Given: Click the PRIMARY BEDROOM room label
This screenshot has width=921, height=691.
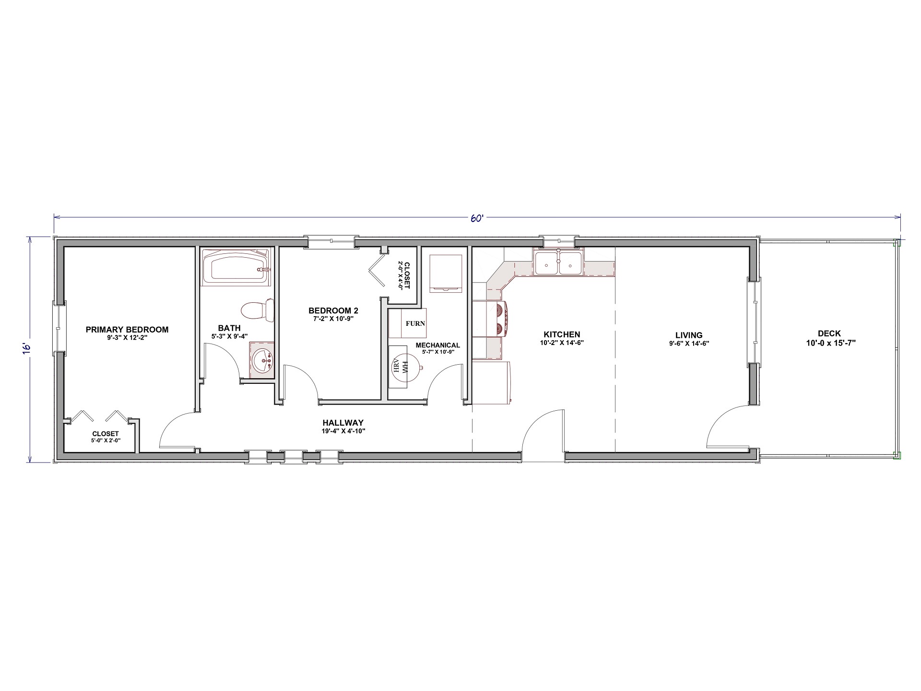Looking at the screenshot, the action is (127, 330).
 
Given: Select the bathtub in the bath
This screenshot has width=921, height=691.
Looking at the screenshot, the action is (235, 268).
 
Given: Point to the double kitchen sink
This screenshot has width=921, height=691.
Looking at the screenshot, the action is (558, 263).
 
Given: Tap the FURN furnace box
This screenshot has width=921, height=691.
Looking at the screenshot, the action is (415, 323).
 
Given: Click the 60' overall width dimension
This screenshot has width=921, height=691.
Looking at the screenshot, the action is (476, 218).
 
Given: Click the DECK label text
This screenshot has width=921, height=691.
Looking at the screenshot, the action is (829, 334).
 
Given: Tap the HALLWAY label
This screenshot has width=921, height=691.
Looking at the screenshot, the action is (343, 423).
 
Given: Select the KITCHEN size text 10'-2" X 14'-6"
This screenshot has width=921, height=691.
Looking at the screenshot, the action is (562, 343).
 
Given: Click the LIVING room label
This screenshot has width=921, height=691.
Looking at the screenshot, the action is (689, 335).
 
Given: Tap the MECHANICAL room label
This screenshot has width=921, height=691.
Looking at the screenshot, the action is (437, 345).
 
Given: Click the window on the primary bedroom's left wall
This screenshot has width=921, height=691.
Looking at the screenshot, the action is (59, 329).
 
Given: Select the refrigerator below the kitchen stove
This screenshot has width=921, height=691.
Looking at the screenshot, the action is (492, 382).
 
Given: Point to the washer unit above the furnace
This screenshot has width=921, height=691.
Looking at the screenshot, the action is (446, 273).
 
